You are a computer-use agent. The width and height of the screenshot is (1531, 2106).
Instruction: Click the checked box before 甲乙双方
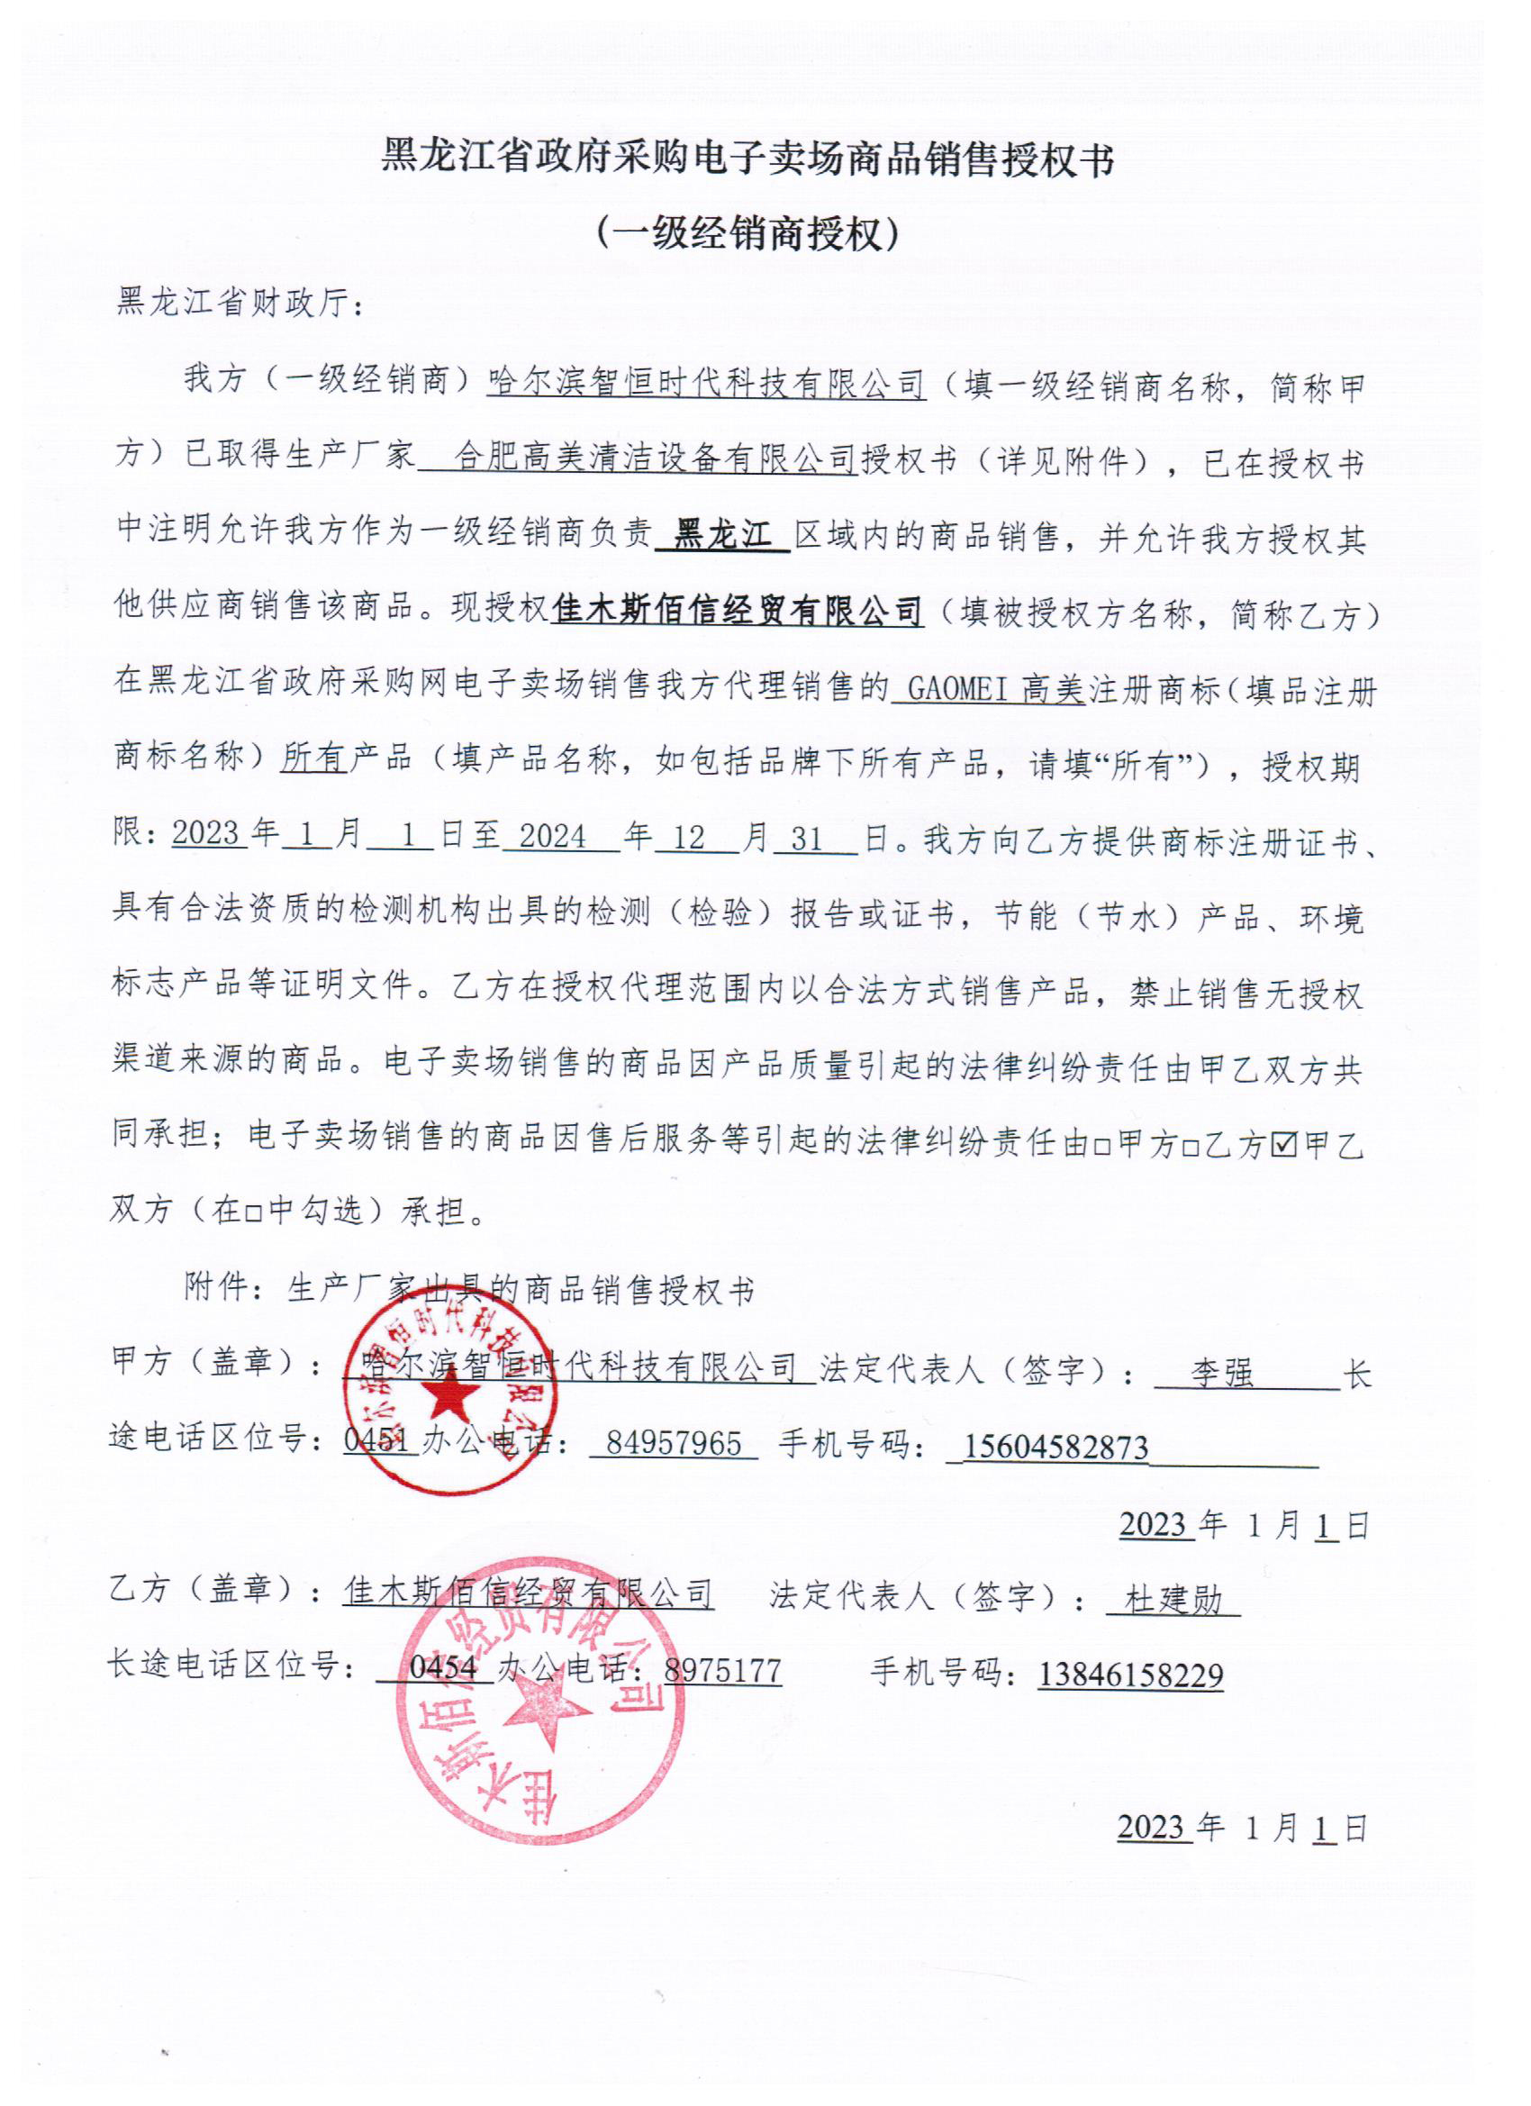(x=1284, y=1146)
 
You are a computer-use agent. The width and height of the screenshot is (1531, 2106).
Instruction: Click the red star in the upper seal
(x=449, y=1395)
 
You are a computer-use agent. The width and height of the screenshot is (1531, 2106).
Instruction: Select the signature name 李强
(x=1222, y=1373)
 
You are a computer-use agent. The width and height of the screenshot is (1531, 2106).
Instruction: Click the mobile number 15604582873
(x=1055, y=1447)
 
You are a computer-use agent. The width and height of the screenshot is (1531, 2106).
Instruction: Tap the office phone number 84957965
(x=673, y=1443)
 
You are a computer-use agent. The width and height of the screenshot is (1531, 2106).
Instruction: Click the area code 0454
(x=442, y=1667)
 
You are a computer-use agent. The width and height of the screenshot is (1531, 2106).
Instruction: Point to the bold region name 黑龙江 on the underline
(x=721, y=536)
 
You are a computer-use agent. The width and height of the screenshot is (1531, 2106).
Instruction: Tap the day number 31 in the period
(x=807, y=840)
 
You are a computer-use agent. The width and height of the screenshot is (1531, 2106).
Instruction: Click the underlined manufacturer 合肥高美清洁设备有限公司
(x=655, y=458)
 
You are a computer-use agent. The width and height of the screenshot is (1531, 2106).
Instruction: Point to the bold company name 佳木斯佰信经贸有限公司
(x=738, y=612)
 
